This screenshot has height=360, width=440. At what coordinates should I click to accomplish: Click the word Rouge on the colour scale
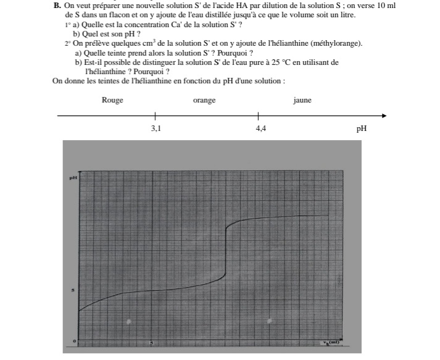point(112,100)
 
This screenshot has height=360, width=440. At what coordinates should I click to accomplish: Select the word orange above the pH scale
point(204,100)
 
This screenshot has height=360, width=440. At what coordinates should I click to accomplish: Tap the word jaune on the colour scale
point(302,100)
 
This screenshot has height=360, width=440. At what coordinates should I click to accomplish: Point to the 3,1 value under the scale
point(156,129)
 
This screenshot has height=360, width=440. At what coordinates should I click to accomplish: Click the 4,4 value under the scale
point(261,129)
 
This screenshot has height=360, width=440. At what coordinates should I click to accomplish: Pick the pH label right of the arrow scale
point(362,129)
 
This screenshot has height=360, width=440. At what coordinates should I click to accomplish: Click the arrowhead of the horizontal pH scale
point(384,115)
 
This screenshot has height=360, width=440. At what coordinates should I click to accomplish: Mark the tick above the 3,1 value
point(155,115)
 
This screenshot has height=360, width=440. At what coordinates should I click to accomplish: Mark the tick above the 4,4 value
point(257,115)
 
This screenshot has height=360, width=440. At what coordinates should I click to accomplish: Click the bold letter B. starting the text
point(57,5)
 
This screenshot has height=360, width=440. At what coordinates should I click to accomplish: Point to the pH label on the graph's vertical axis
point(72,177)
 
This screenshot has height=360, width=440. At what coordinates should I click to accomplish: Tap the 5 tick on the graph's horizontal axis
point(152,341)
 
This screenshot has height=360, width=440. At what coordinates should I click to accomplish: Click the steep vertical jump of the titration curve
point(225,253)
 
